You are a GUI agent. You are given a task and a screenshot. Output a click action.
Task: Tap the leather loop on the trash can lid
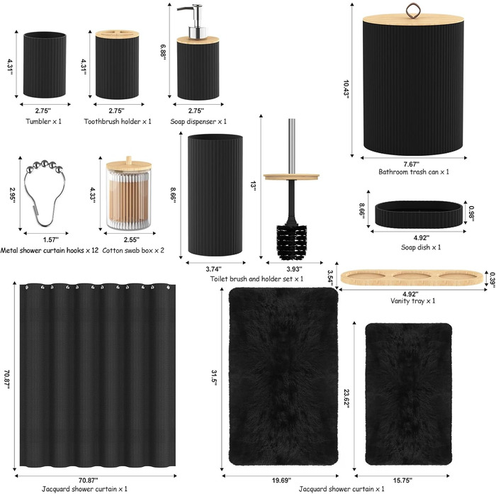pyautogui.click(x=411, y=11)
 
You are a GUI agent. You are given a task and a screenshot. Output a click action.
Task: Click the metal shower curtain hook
pyautogui.click(x=45, y=193)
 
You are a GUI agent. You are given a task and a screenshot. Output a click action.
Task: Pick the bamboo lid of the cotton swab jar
pyautogui.click(x=129, y=164)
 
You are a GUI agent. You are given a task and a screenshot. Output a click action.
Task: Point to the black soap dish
pyautogui.click(x=419, y=214)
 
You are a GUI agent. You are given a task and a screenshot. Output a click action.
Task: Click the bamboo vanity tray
pyautogui.click(x=412, y=278)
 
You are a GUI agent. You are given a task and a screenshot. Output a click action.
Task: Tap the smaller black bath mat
pyautogui.click(x=408, y=394)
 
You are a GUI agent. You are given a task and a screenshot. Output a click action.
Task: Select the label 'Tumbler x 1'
pyautogui.click(x=44, y=121)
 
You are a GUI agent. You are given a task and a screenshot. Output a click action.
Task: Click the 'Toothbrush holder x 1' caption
pyautogui.click(x=118, y=121)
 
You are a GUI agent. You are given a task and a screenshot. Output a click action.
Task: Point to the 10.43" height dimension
pyautogui.click(x=346, y=89)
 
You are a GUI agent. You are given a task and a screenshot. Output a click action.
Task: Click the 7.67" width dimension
pyautogui.click(x=412, y=164)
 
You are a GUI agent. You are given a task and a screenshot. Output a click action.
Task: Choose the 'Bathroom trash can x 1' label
pyautogui.click(x=414, y=172)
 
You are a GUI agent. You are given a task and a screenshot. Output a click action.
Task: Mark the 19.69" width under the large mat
pyautogui.click(x=281, y=480)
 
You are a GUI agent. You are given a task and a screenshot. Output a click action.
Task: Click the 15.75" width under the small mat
pyautogui.click(x=402, y=480)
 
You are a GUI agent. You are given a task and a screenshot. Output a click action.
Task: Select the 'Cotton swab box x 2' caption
pyautogui.click(x=133, y=251)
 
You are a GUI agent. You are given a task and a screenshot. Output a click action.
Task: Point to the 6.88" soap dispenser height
pyautogui.click(x=163, y=52)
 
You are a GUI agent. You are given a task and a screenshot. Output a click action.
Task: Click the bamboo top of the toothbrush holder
pyautogui.click(x=117, y=33)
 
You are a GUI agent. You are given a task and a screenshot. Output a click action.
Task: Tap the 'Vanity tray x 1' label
pyautogui.click(x=413, y=301)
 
